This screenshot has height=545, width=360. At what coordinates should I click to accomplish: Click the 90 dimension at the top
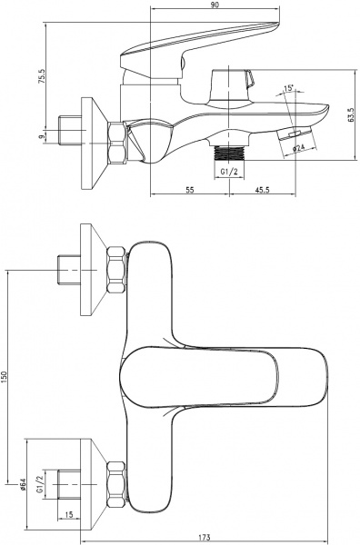point(215,5)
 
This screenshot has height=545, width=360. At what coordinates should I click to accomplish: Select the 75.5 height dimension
point(42,76)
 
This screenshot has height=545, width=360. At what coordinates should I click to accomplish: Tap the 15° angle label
point(289,88)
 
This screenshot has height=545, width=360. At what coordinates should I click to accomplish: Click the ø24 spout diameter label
point(298,148)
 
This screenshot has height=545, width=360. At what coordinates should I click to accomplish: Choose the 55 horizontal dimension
point(190,190)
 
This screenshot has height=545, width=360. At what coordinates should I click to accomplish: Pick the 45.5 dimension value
point(263,190)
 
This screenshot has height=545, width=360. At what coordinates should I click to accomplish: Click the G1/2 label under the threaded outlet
point(228,172)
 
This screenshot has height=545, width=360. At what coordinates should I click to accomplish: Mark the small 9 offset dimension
point(42,136)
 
